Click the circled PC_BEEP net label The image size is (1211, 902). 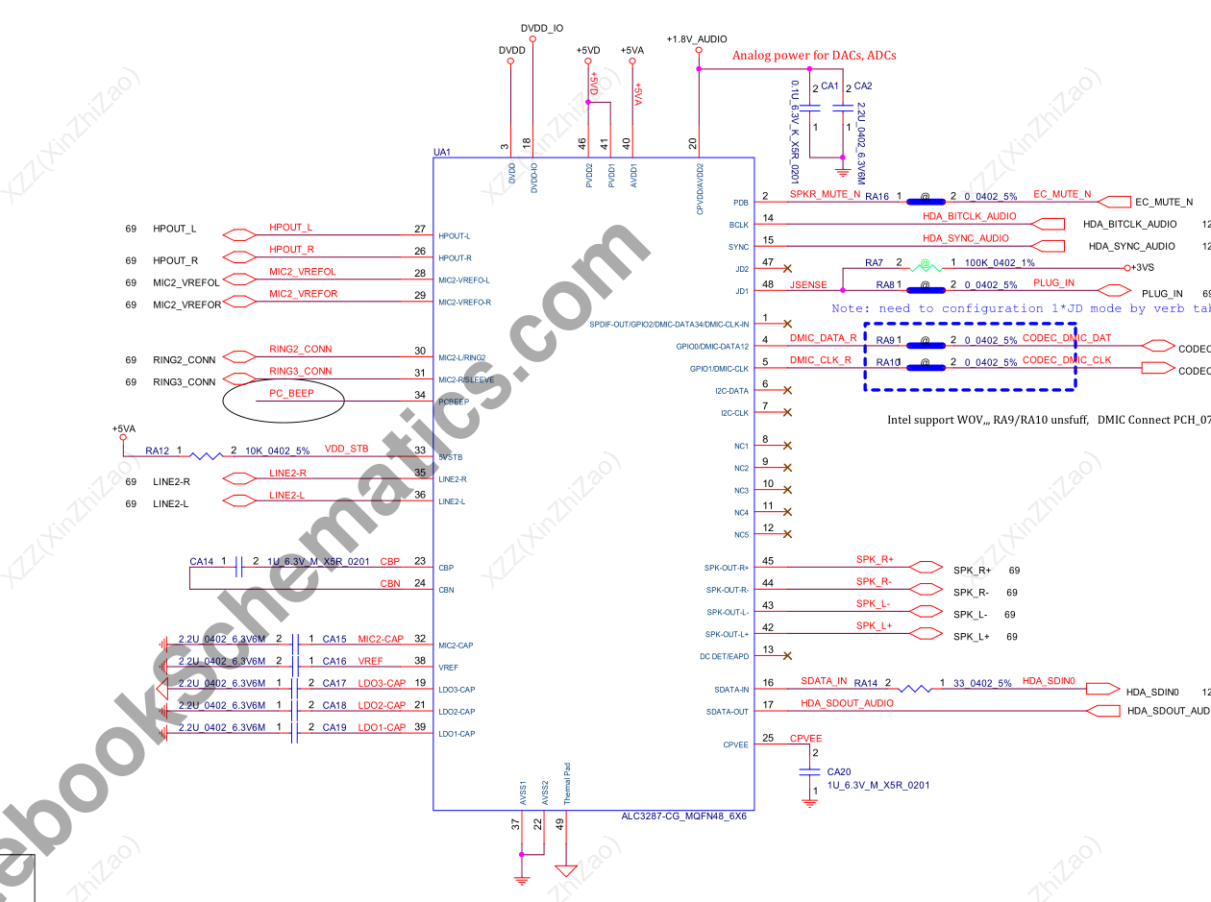pyautogui.click(x=291, y=394)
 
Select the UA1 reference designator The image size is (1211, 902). pyautogui.click(x=442, y=153)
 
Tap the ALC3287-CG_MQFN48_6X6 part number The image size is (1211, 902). pyautogui.click(x=683, y=817)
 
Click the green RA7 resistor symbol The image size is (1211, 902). pyautogui.click(x=925, y=264)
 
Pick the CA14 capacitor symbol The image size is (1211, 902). pyautogui.click(x=238, y=567)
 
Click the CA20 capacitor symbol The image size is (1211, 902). pyautogui.click(x=809, y=770)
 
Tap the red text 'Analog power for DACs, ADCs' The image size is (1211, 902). pyautogui.click(x=814, y=56)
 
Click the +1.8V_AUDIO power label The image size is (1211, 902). pyautogui.click(x=696, y=39)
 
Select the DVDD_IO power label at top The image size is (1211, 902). pyautogui.click(x=541, y=29)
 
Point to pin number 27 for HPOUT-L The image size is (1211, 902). pyautogui.click(x=419, y=229)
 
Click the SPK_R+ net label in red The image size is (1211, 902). pyautogui.click(x=875, y=559)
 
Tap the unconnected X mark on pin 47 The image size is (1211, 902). pyautogui.click(x=788, y=269)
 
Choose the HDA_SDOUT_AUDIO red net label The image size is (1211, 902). pyautogui.click(x=847, y=703)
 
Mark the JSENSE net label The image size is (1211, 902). pyautogui.click(x=808, y=285)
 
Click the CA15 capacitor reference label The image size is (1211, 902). pyautogui.click(x=334, y=639)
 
